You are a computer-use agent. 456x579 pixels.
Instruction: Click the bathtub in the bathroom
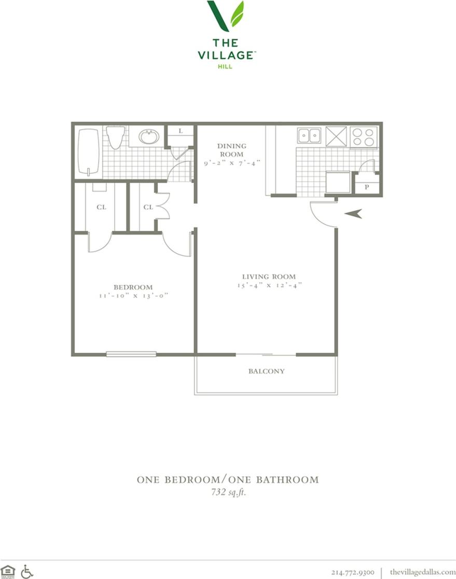click(88, 151)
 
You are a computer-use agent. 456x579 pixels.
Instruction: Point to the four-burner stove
click(363, 137)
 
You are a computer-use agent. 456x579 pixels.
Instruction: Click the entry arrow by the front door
click(353, 213)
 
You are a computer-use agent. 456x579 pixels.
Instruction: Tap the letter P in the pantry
click(367, 187)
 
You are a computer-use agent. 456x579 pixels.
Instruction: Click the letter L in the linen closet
click(181, 131)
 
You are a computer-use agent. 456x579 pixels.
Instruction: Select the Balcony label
click(266, 371)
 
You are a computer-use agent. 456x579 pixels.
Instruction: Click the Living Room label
click(269, 277)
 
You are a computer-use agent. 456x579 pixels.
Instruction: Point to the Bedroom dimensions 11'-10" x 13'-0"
click(133, 296)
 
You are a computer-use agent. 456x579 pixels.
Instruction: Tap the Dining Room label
click(232, 150)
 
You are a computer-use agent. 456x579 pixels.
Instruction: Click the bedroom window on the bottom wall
click(131, 354)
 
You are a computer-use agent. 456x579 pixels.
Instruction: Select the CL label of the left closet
click(101, 207)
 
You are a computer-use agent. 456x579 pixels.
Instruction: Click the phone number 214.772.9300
click(353, 572)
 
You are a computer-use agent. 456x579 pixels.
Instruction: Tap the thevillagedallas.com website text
click(422, 572)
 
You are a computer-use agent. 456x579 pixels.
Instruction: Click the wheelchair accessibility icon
click(27, 571)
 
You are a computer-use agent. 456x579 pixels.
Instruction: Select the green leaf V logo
click(226, 16)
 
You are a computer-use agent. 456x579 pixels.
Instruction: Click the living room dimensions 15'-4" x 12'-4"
click(269, 285)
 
